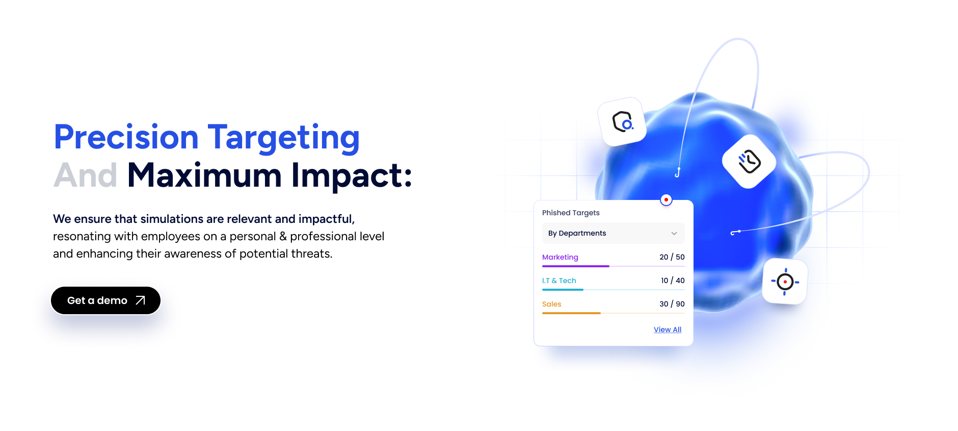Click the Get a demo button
tap(105, 300)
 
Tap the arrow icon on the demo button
tap(141, 300)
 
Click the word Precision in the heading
tap(126, 137)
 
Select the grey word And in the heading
tap(85, 175)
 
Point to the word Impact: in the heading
tap(351, 175)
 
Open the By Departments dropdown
tap(613, 233)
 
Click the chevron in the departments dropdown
tap(674, 234)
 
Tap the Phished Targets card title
tap(571, 213)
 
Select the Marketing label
tap(560, 257)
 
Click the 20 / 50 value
tap(672, 257)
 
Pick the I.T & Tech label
tap(559, 281)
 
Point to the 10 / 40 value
tap(673, 281)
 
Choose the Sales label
tap(551, 304)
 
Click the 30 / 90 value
tap(672, 304)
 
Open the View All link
tap(667, 329)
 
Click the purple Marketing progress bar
tap(576, 266)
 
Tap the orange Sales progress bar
tap(571, 313)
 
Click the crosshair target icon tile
tap(785, 282)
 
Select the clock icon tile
tap(749, 162)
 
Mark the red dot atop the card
tap(666, 200)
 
